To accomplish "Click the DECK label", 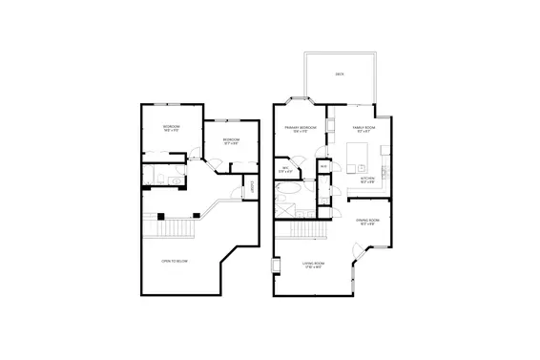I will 340,74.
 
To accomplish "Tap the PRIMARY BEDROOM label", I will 301,129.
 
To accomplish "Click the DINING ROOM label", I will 368,222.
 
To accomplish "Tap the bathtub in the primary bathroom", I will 287,203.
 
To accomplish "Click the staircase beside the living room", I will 303,230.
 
